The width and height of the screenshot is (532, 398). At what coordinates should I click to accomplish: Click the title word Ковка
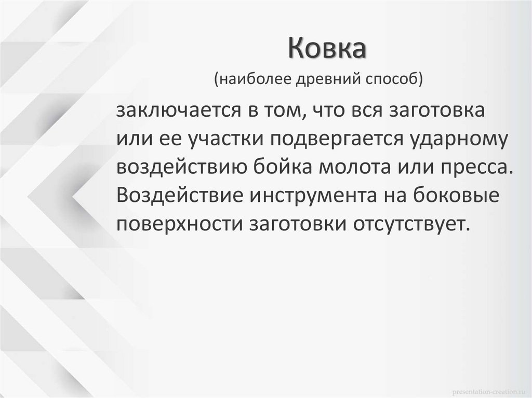[328, 50]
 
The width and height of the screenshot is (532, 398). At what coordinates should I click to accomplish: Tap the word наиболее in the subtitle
[251, 80]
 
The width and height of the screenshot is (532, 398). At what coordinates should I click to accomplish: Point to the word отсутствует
[411, 224]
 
